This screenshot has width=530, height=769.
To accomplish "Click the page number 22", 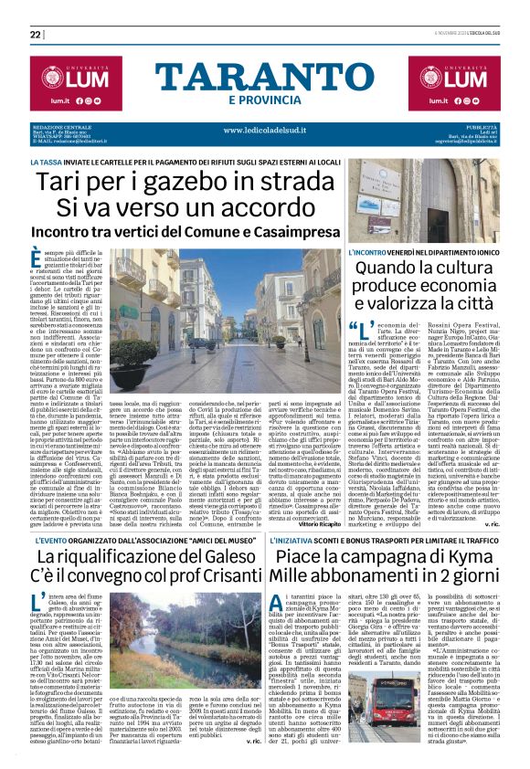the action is (x=36, y=35).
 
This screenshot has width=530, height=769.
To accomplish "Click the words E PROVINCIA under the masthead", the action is (x=264, y=100).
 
